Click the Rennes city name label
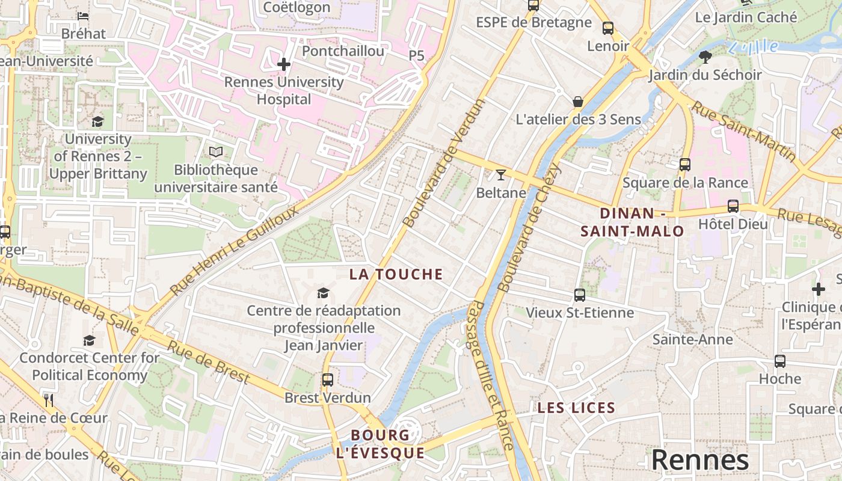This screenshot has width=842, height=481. (700, 460)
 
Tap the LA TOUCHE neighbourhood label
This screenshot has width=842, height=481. (396, 275)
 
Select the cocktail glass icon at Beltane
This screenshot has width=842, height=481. (501, 175)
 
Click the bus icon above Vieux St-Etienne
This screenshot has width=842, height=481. (580, 295)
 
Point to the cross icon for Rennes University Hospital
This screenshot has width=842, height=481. (284, 64)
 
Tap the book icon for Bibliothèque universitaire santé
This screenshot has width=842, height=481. (216, 153)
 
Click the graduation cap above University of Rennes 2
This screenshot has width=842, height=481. (97, 122)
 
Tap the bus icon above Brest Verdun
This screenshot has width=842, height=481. (327, 380)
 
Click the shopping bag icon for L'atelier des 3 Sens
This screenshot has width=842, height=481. (578, 102)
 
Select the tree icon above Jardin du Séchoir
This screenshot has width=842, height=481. (705, 57)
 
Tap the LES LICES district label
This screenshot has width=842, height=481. (576, 408)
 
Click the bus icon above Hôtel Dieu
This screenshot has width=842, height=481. (733, 206)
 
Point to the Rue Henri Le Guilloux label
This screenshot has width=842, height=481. (235, 251)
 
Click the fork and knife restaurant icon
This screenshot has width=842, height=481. (49, 400)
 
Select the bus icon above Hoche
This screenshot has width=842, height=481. (780, 361)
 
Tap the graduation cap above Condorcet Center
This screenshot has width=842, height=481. (89, 340)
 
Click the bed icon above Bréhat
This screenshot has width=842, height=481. (83, 16)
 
